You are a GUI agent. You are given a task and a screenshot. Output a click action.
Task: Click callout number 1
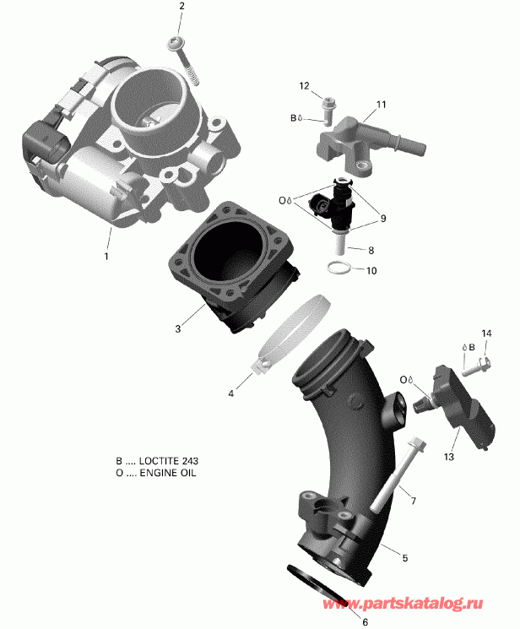[106, 254]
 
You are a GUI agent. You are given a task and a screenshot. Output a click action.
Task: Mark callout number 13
[447, 457]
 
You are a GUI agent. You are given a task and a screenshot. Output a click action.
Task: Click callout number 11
[381, 105]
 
